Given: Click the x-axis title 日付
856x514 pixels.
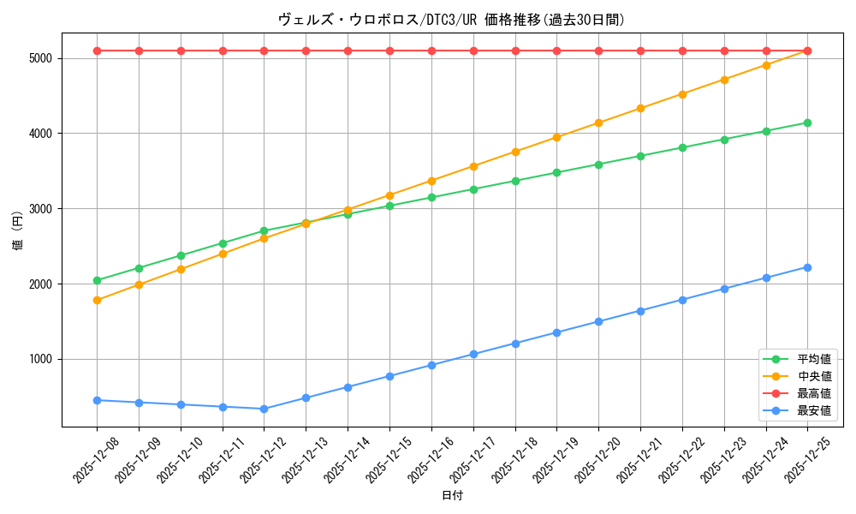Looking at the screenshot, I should click(452, 496).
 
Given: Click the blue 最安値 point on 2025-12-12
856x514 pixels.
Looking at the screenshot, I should click(264, 409).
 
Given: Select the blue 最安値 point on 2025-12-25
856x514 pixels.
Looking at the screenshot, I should click(807, 267).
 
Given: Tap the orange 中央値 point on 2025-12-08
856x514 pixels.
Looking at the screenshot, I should click(97, 300).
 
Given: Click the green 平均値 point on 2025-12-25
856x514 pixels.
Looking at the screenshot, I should click(807, 123).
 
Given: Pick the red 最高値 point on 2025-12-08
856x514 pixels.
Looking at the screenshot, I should click(97, 51).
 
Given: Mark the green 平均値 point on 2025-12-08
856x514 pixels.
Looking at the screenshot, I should click(97, 280).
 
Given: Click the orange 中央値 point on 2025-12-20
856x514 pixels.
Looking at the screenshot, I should click(598, 123).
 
